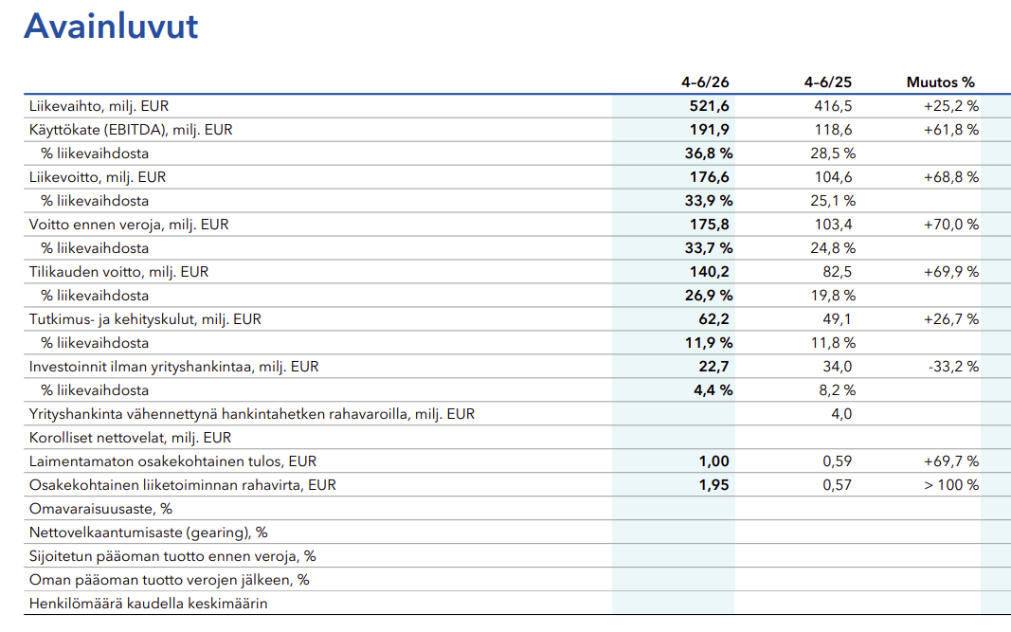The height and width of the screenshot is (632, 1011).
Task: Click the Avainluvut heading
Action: click(111, 27)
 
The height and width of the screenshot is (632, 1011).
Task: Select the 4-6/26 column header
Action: click(705, 82)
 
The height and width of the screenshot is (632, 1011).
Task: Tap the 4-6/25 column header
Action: click(827, 82)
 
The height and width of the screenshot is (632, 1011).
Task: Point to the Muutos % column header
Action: click(940, 82)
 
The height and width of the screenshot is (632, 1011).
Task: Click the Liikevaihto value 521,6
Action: click(710, 106)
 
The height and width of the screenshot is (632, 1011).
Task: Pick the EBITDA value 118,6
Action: click(833, 130)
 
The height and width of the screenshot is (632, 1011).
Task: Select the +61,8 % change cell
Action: click(951, 130)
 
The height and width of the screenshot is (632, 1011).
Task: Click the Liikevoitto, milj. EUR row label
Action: click(98, 177)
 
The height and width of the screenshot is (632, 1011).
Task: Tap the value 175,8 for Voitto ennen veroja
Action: click(710, 225)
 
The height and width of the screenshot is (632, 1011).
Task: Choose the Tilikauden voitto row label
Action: click(118, 272)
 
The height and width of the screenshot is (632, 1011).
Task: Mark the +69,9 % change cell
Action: click(951, 272)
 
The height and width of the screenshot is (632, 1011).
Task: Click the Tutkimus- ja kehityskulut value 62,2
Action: click(713, 319)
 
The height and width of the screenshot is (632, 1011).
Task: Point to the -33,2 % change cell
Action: click(953, 367)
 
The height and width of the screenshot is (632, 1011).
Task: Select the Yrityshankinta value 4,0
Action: click(841, 414)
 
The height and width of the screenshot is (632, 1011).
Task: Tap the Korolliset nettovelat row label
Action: click(130, 438)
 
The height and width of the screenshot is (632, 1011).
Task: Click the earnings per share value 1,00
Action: click(713, 461)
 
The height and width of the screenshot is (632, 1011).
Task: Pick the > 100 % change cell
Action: click(951, 485)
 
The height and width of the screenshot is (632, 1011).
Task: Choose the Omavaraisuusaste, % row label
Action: click(100, 509)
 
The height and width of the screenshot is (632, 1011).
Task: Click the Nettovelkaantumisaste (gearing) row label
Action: click(149, 533)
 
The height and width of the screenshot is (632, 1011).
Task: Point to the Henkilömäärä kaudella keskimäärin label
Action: click(149, 604)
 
